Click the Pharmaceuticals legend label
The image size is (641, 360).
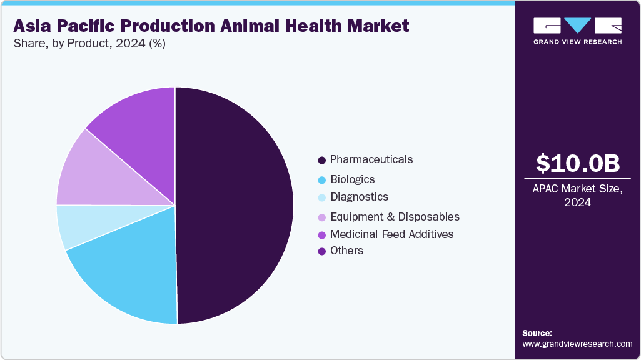click(371, 159)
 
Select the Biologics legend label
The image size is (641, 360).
click(352, 179)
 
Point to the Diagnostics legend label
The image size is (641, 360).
click(359, 197)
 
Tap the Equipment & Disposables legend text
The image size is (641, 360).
click(395, 217)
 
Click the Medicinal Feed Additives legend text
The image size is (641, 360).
click(391, 234)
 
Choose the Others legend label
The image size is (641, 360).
click(346, 251)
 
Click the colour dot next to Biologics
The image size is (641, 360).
click(321, 180)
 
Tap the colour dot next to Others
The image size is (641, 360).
click(321, 251)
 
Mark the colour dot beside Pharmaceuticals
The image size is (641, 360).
click(321, 160)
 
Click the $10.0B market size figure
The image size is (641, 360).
click(578, 163)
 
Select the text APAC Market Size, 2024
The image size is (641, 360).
click(578, 196)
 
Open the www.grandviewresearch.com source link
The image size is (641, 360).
click(577, 344)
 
